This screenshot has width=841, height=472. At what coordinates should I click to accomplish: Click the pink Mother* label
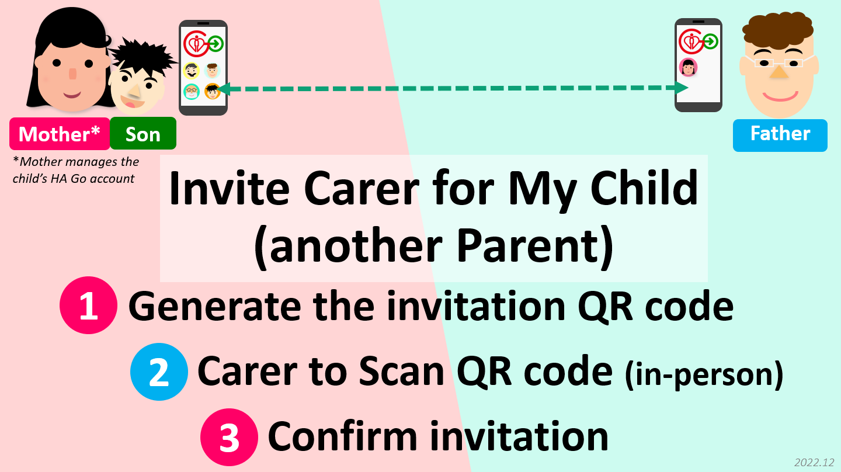[x=60, y=134]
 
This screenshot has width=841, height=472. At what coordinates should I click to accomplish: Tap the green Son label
[x=143, y=133]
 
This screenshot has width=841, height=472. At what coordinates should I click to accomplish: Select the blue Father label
[x=780, y=135]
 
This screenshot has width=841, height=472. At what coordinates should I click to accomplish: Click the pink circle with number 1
[x=89, y=306]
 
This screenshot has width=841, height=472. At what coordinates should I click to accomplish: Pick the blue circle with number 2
[x=159, y=372]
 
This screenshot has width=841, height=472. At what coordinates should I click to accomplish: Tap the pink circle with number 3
[x=230, y=438]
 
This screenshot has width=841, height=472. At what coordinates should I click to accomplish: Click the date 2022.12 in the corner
[x=814, y=462]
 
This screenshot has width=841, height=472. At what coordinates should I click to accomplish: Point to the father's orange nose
[x=779, y=72]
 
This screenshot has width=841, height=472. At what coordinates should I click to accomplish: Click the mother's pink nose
[x=73, y=74]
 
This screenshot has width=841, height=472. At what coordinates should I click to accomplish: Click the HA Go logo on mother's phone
[x=203, y=43]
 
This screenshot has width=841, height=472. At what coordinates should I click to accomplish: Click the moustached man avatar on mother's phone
[x=192, y=71]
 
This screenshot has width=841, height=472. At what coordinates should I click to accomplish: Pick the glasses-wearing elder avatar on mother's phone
[x=192, y=91]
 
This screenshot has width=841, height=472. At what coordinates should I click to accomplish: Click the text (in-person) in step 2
[x=704, y=374]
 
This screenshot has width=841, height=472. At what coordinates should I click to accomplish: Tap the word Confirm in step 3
[x=343, y=436]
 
